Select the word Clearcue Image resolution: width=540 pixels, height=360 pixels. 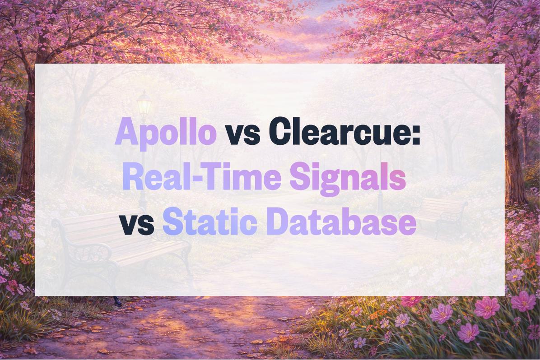point(337,133)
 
